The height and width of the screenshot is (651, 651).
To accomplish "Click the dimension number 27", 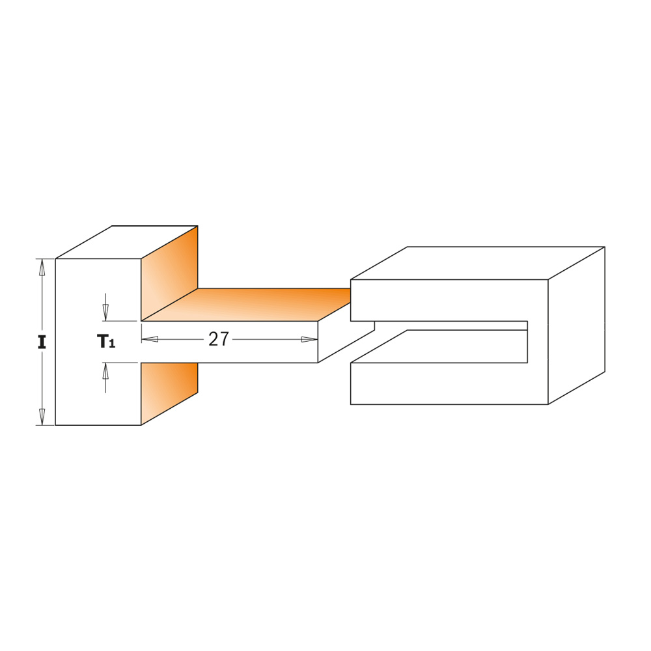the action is coord(218,339).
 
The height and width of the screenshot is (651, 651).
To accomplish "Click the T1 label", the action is coord(106,341).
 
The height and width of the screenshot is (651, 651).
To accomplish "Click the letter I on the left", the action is coord(42,342).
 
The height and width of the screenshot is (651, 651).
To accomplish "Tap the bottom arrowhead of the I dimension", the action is coord(42,417).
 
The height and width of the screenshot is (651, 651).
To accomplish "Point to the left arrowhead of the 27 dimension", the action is coord(150,339).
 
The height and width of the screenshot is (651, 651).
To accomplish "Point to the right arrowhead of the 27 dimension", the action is coord(309,339).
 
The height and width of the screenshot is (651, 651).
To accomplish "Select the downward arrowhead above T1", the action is coord(105,312).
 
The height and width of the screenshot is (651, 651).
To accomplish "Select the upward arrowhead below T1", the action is coord(105,371).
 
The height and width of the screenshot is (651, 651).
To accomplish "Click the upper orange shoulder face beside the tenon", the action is coord(169,273).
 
